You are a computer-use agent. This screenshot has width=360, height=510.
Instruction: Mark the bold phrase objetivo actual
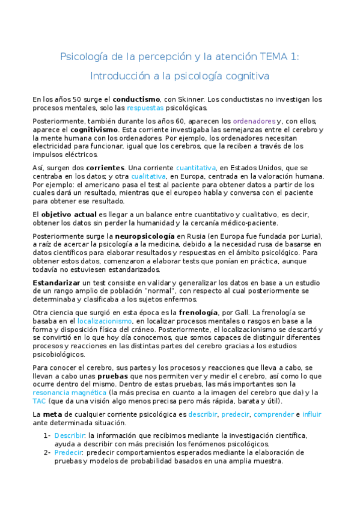[x=69, y=214]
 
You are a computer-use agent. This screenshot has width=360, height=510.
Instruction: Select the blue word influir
[x=313, y=414]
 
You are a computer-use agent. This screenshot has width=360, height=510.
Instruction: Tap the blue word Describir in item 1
[x=67, y=435]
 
